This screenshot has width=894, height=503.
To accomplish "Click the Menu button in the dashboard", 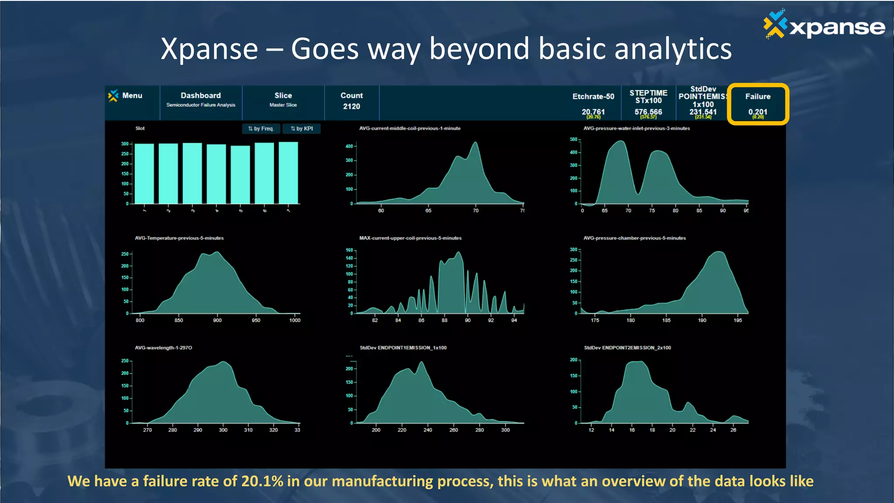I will tap(126, 96).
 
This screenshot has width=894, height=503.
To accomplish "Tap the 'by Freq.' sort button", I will tap(261, 129).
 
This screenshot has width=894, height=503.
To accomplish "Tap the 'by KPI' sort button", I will tap(302, 129).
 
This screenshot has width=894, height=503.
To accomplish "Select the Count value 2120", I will tap(351, 107).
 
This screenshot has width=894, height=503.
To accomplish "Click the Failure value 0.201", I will tap(757, 112).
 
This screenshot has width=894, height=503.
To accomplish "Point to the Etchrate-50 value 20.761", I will tap(593, 112).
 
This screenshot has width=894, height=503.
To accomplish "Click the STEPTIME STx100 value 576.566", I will tap(648, 112).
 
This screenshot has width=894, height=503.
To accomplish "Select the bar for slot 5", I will tap(241, 175).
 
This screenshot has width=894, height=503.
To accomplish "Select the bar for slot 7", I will tap(289, 173).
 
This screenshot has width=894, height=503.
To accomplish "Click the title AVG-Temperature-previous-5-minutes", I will tap(179, 238).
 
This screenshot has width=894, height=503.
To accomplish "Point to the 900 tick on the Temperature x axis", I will tap(217, 320).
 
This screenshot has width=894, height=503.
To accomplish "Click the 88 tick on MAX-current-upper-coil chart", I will tap(444, 320).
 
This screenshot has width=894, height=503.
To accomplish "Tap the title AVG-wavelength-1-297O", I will tap(163, 348).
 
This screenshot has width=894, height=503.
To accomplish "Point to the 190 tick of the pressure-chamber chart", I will tap(702, 320).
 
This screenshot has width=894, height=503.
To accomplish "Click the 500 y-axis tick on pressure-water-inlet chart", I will tap(573, 140).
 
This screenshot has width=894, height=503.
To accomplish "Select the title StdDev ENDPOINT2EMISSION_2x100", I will tap(627, 348).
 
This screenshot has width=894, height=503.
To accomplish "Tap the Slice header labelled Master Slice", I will tap(283, 100).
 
